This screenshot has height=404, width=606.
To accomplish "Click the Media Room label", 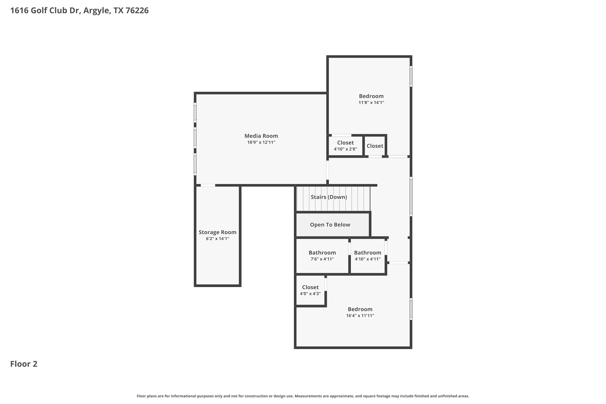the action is (x=261, y=136).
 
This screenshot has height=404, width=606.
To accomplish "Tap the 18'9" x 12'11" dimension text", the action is (x=261, y=142).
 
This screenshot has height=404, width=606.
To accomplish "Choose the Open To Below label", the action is (x=330, y=225).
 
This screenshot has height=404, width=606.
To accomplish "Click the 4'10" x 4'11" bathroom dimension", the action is (x=367, y=259).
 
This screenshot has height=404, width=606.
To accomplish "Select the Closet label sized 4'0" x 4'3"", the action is (x=310, y=287).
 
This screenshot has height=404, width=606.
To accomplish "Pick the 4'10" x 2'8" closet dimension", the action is (x=345, y=149).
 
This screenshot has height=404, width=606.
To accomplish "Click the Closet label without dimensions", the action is (x=375, y=146).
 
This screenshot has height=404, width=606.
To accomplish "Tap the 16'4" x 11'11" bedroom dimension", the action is (x=360, y=316).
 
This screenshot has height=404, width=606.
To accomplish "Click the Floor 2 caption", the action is (x=24, y=364).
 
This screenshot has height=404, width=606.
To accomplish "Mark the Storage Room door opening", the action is (x=208, y=185).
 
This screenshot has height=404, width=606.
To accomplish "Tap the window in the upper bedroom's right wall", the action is (x=411, y=76).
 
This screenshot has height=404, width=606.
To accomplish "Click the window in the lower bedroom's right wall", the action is (x=411, y=309).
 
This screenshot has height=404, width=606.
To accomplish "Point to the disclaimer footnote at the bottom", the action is (x=303, y=396).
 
